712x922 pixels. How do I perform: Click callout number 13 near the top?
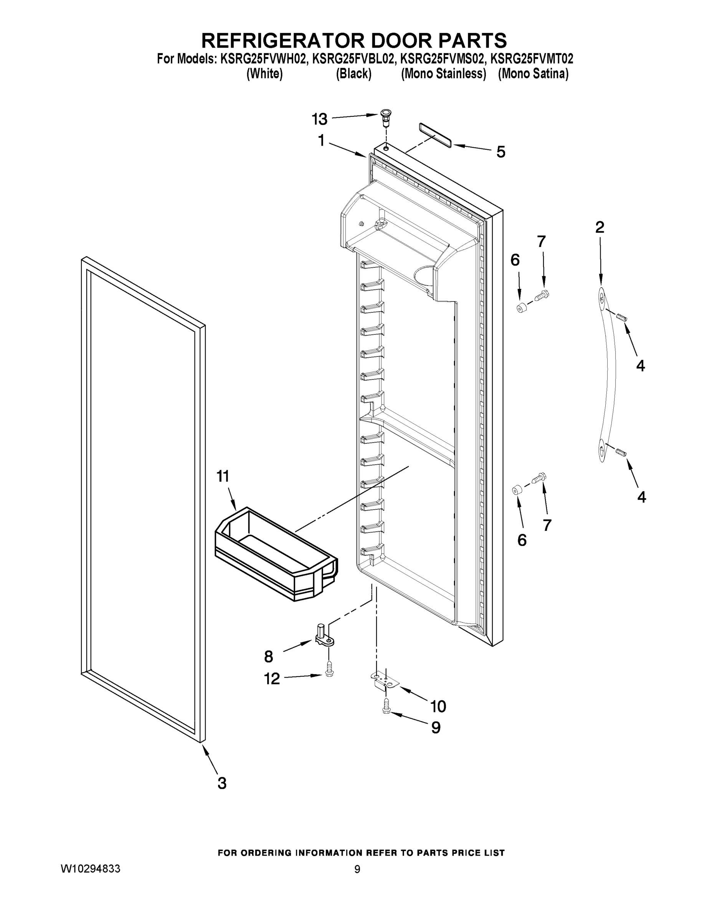coord(319,119)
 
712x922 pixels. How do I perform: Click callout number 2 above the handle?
coord(600,227)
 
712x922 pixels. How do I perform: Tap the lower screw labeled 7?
coord(538,478)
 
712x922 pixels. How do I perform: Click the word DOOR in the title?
coord(402,41)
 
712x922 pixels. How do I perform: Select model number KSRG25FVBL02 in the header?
coord(354,59)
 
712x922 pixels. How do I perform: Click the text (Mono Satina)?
coord(533,74)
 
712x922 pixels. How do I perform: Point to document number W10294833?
coord(91,868)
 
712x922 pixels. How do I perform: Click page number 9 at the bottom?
coord(357,869)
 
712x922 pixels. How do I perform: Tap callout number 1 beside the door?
coord(321,141)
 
